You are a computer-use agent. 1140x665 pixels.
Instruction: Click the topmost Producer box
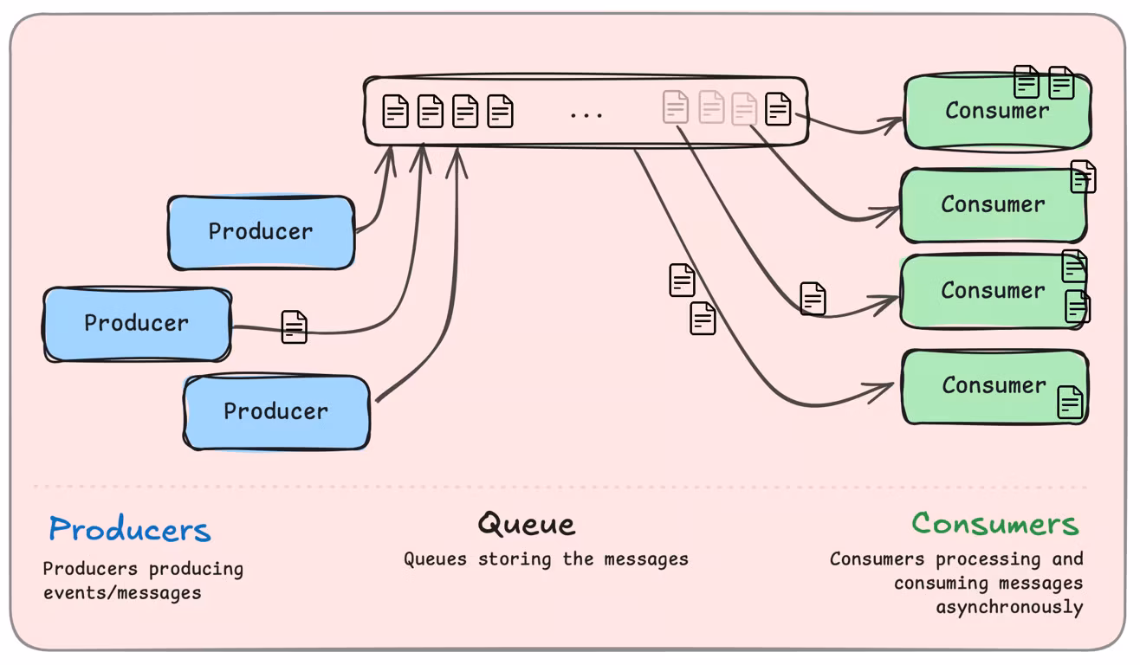click(x=261, y=232)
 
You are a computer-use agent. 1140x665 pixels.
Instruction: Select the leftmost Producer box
click(x=137, y=323)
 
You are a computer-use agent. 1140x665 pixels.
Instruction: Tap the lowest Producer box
click(x=276, y=411)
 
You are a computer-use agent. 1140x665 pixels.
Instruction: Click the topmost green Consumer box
click(x=996, y=112)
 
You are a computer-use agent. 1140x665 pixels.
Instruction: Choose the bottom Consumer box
click(x=994, y=386)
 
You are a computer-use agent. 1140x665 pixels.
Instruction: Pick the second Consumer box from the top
click(x=993, y=205)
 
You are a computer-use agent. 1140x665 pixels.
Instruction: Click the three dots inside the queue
click(x=586, y=114)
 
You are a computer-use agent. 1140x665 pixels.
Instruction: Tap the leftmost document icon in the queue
click(x=396, y=111)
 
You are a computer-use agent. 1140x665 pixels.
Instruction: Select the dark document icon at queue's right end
click(x=778, y=109)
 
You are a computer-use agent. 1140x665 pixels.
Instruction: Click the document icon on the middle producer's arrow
click(x=295, y=327)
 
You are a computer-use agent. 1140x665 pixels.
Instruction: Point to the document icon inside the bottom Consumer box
click(x=1071, y=403)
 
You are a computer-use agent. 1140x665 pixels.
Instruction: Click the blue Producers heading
click(x=129, y=529)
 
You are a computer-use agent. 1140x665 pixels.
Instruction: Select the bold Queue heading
click(x=526, y=524)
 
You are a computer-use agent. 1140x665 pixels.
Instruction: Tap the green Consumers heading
click(x=994, y=524)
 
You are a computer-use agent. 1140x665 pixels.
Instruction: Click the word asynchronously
click(x=1009, y=607)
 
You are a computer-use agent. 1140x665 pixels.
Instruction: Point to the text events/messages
click(x=122, y=593)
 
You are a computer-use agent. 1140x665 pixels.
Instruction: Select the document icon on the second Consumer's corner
click(x=1083, y=177)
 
